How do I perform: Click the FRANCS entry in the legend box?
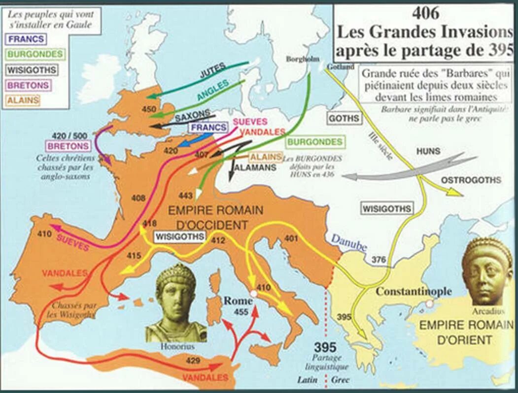[x=26, y=39]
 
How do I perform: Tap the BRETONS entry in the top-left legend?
[x=28, y=85]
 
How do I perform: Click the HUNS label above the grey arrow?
[x=428, y=151]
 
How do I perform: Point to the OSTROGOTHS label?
[x=471, y=180]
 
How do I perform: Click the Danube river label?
[x=349, y=242]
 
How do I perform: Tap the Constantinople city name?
[x=414, y=291]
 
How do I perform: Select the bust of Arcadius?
[x=487, y=271]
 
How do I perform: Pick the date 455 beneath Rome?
[x=241, y=312]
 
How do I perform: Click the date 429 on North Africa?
[x=193, y=361]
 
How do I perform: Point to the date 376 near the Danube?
[x=379, y=259]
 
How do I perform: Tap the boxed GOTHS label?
[x=344, y=119]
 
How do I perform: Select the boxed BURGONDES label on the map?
[x=314, y=142]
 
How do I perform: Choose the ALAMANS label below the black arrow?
[x=255, y=167]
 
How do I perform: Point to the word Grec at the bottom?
[x=340, y=380]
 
